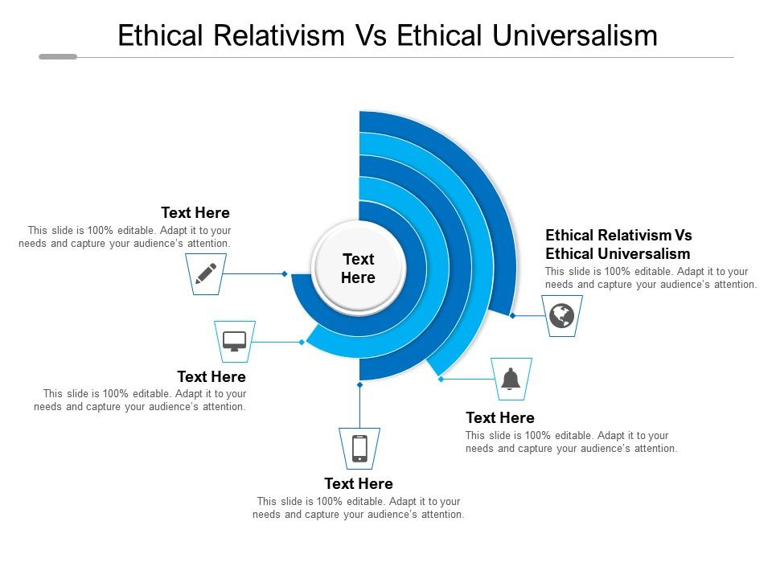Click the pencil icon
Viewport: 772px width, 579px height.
[x=206, y=273]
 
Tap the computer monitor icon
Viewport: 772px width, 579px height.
[x=234, y=341]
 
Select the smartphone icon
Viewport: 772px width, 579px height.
[x=360, y=449]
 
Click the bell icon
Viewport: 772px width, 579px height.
[x=511, y=379]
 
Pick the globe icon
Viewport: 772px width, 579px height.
[x=562, y=315]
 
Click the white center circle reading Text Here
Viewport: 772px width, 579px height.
[x=359, y=269]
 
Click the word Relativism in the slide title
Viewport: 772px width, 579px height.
[x=279, y=35]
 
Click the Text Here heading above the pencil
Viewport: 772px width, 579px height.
[x=195, y=212]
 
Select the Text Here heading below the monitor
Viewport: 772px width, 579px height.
[x=211, y=376]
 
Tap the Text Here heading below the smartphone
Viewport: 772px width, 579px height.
[x=359, y=483]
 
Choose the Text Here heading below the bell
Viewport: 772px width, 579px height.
[x=500, y=417]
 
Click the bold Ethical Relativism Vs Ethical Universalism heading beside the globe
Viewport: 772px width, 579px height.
[x=618, y=244]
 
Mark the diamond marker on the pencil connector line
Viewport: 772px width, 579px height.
[x=285, y=273]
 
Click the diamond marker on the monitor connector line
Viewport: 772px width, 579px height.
[x=302, y=342]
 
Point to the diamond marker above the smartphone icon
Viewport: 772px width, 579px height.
[x=360, y=384]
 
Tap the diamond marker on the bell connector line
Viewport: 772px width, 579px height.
[x=441, y=379]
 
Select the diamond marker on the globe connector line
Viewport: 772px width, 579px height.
[x=512, y=315]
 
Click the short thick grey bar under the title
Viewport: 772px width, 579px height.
[x=58, y=56]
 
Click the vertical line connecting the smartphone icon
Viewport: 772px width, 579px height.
[x=360, y=407]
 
